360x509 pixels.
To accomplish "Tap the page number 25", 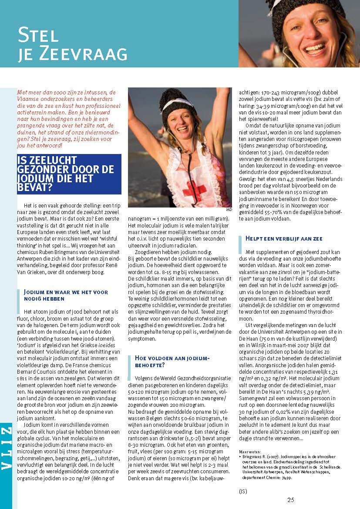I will click(291, 499).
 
